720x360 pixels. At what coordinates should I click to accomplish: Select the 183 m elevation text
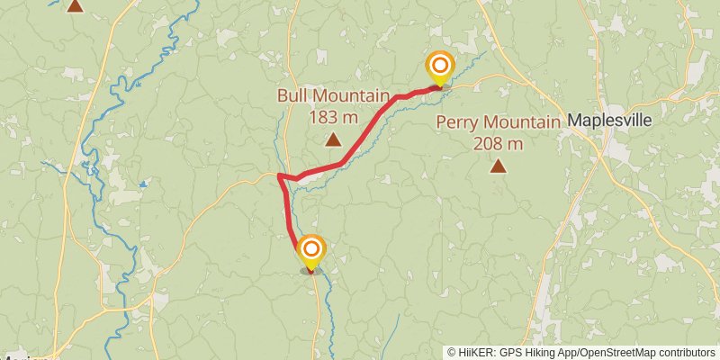tap(333, 116)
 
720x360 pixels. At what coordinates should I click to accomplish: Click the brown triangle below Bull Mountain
tap(333, 139)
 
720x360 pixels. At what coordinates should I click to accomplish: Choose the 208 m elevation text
tap(497, 143)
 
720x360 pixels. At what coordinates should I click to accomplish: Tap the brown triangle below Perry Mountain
tap(497, 166)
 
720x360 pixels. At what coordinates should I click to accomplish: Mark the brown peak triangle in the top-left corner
tap(76, 5)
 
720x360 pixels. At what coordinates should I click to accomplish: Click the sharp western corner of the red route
tap(280, 175)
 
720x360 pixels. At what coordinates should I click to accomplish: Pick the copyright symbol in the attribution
tap(452, 353)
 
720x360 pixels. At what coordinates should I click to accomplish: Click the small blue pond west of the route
tap(143, 184)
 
